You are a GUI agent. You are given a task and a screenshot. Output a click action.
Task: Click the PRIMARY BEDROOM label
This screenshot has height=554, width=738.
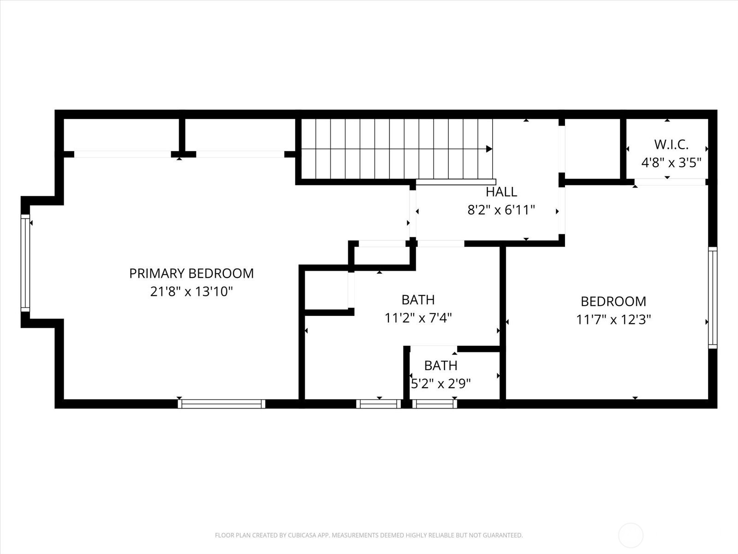(x=191, y=273)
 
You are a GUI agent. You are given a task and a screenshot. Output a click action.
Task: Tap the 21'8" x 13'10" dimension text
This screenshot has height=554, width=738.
(x=191, y=292)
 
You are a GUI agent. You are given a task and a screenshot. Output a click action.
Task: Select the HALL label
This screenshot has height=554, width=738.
(x=501, y=192)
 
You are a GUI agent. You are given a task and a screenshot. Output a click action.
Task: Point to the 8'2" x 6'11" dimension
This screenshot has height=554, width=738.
(x=501, y=211)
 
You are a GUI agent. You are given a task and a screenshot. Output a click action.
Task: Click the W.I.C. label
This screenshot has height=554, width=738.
(x=671, y=145)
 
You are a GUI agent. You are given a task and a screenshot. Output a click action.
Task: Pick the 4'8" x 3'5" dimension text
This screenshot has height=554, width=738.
(x=671, y=163)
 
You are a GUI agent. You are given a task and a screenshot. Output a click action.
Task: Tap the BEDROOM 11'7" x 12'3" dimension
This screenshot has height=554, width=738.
(x=613, y=319)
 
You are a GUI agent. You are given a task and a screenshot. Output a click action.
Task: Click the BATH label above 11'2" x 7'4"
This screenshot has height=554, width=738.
(x=418, y=300)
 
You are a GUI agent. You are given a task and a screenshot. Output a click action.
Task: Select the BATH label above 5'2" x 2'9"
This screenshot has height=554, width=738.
(x=440, y=366)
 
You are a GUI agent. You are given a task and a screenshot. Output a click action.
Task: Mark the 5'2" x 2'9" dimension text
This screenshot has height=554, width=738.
(x=440, y=384)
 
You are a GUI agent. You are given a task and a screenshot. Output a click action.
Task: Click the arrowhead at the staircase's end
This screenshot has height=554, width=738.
(x=489, y=149)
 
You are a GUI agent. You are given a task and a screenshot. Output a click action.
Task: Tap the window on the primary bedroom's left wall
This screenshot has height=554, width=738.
(x=25, y=262)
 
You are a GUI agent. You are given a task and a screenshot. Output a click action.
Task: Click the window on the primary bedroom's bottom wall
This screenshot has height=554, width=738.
(x=221, y=404)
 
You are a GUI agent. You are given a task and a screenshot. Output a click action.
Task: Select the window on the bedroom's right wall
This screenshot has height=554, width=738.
(x=713, y=297)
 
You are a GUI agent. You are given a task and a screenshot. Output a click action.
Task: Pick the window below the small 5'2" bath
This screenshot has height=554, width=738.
(x=434, y=404)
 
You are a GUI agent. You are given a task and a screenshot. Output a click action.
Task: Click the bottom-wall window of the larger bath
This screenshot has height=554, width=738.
(x=378, y=404)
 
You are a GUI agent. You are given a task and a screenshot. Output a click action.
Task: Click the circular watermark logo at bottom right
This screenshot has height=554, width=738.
(x=631, y=536)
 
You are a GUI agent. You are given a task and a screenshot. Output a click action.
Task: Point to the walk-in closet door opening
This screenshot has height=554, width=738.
(x=670, y=182)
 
